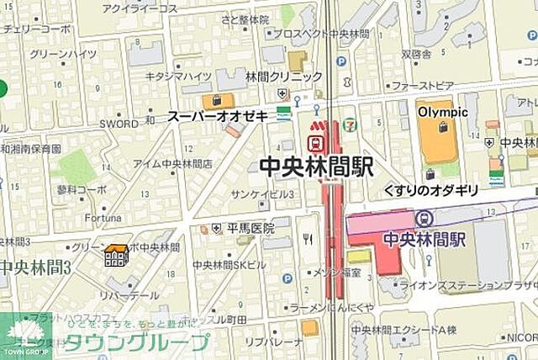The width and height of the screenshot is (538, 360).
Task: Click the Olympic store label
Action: pos(442,112)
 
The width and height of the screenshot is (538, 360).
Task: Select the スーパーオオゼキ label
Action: pos(217,115)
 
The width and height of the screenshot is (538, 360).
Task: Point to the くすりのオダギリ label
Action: pos(430,191)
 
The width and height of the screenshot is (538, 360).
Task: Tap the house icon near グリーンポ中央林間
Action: pos(116,255)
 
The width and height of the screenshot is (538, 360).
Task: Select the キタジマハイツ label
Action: pos(178,77)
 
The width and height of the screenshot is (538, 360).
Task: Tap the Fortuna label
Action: pos(81,215)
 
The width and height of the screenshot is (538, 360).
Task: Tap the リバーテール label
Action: pos(128,296)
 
